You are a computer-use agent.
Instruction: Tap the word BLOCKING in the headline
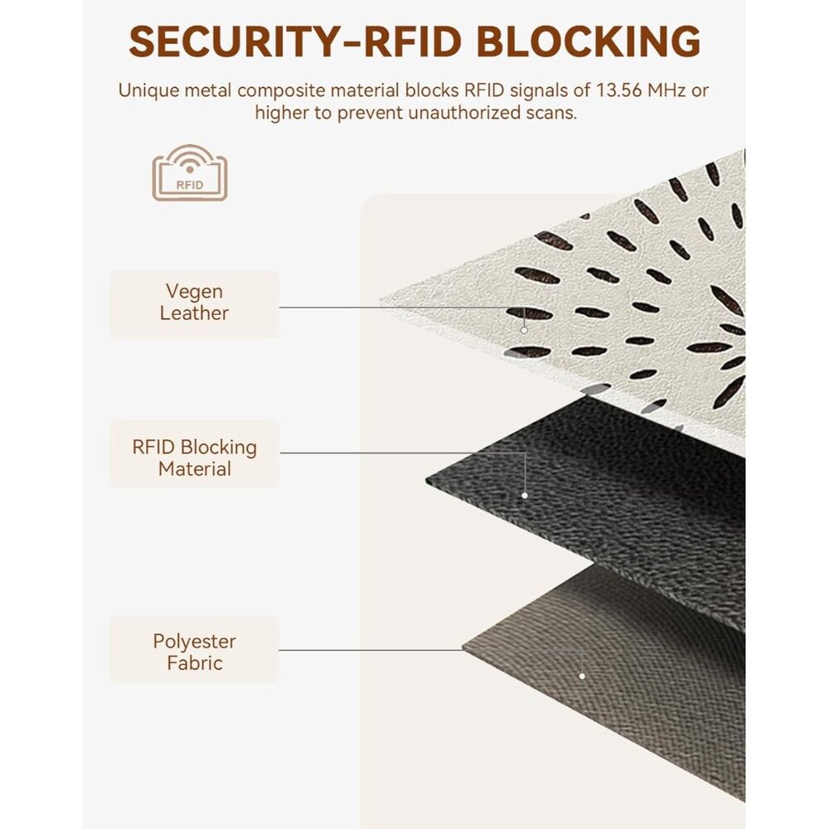point(588,41)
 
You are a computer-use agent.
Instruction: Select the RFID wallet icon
point(190,172)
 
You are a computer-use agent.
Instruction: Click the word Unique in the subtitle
point(148,91)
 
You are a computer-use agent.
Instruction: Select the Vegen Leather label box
point(194,304)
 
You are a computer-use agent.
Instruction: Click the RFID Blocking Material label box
point(194,453)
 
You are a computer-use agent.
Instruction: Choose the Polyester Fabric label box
point(194,650)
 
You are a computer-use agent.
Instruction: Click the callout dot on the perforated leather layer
point(524,330)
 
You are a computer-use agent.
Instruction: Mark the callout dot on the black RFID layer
point(525,496)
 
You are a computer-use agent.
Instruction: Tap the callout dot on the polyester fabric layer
point(582,676)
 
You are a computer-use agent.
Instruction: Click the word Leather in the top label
point(194,313)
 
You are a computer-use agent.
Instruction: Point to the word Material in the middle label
point(195,469)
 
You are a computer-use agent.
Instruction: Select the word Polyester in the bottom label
point(194,642)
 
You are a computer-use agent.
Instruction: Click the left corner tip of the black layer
point(426,479)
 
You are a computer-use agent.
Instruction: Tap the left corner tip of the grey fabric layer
point(463,647)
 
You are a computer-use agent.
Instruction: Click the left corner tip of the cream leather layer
point(380,302)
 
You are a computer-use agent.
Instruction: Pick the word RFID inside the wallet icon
point(189,185)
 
